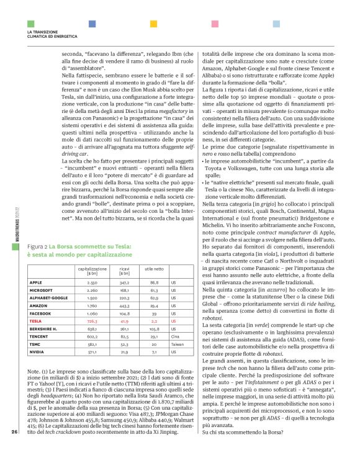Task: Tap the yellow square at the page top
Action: click(x=153, y=24)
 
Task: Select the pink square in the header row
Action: click(x=215, y=24)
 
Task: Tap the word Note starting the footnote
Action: click(x=35, y=371)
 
